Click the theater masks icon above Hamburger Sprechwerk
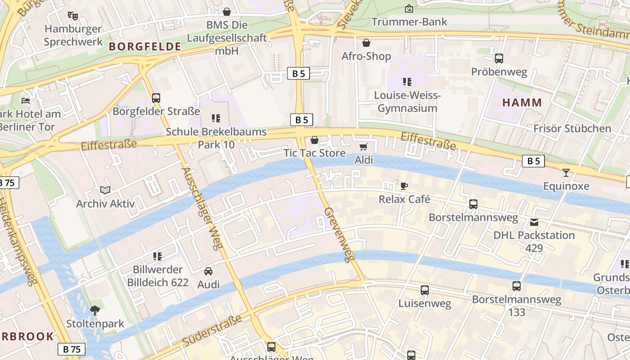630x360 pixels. (x=73, y=16)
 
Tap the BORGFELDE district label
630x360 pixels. (x=145, y=46)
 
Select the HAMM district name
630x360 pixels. (x=522, y=103)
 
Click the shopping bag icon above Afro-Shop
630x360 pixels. (x=366, y=43)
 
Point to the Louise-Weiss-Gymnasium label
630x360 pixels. (x=407, y=102)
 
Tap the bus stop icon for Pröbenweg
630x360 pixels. (x=499, y=58)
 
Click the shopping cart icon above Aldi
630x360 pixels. (x=364, y=147)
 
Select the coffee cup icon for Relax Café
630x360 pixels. (x=404, y=186)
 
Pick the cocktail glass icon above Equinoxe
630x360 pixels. (x=566, y=173)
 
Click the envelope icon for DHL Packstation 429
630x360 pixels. (x=534, y=222)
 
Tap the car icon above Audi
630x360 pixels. (x=208, y=271)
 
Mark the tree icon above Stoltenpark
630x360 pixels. (x=95, y=310)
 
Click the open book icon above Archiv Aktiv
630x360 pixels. (x=105, y=190)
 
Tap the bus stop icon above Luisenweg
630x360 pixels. (x=424, y=290)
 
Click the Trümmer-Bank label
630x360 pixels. (x=409, y=22)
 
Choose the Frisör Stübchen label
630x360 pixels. (x=572, y=129)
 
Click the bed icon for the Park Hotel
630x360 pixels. (x=26, y=100)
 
